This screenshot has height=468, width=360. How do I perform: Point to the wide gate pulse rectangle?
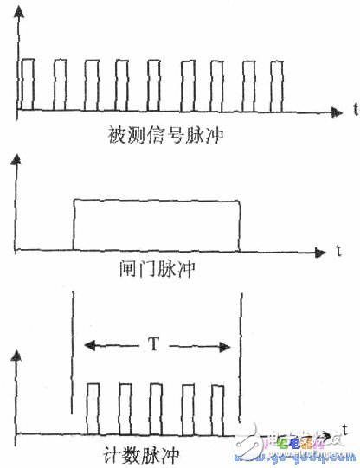(156, 225)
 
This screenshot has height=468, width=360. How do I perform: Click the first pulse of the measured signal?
(28, 85)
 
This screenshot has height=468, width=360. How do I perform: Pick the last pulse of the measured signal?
(277, 85)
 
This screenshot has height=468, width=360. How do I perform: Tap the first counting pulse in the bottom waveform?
(93, 410)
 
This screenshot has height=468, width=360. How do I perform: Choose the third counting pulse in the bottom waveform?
(156, 410)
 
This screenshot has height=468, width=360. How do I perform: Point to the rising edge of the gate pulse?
(74, 225)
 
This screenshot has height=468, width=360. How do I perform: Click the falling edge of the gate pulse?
(238, 225)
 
